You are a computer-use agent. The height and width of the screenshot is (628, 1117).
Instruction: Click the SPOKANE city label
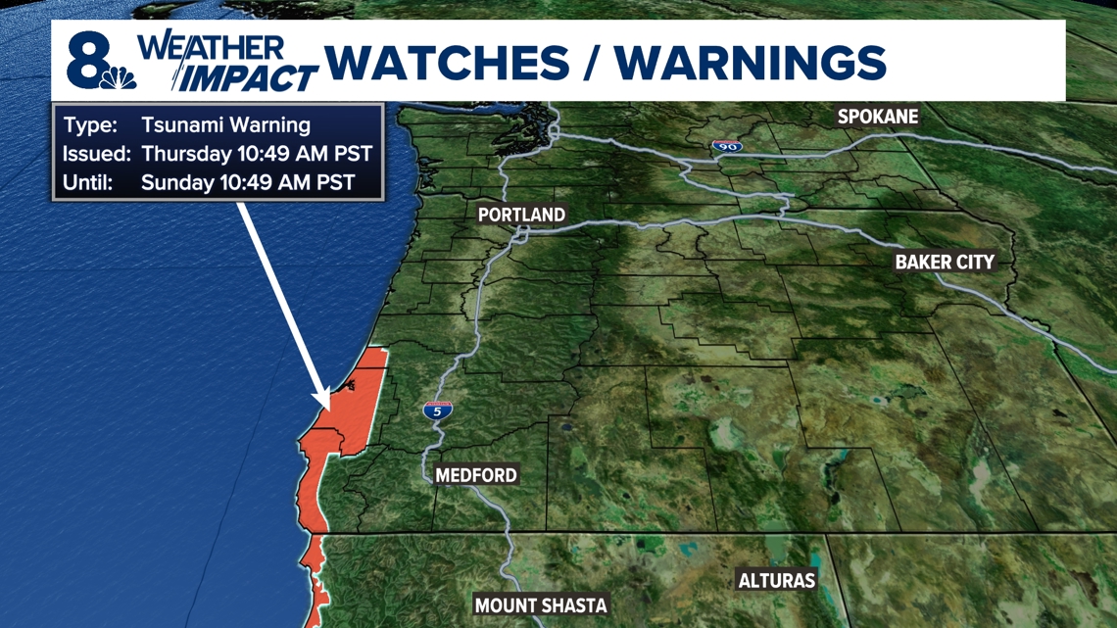click(x=877, y=117)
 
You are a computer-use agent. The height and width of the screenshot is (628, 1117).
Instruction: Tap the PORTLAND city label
click(x=521, y=215)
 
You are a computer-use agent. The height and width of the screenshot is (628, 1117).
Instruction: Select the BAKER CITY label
click(x=945, y=262)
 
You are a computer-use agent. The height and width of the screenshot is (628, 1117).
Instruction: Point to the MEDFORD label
click(x=475, y=475)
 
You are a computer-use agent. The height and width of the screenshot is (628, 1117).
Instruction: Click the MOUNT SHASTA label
click(x=541, y=605)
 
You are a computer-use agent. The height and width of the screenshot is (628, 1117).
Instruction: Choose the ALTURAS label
click(x=777, y=580)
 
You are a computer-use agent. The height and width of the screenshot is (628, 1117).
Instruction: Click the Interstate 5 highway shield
click(x=437, y=411)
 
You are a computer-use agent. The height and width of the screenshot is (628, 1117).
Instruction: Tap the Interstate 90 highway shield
click(x=726, y=147)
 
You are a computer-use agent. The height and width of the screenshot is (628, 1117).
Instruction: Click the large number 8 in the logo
click(x=86, y=60)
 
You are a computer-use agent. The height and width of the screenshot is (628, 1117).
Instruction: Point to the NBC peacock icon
click(x=122, y=77)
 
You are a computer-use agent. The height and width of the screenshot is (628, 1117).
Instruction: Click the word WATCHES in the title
click(x=447, y=64)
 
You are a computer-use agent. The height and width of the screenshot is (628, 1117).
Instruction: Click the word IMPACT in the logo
click(x=251, y=77)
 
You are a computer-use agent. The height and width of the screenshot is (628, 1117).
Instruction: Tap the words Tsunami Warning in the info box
click(x=225, y=125)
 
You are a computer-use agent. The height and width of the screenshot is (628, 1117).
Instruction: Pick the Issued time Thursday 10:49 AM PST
click(x=256, y=154)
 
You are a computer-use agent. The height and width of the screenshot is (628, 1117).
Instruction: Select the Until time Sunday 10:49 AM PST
click(x=248, y=182)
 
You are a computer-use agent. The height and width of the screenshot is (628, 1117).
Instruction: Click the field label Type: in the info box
click(x=90, y=125)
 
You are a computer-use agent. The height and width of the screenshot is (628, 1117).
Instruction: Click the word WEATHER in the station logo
click(x=211, y=47)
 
